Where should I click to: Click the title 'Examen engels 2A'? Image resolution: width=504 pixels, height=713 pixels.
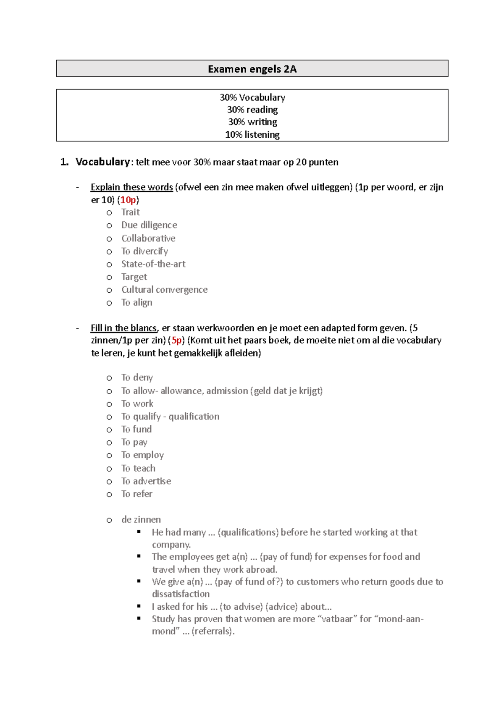[x=252, y=69]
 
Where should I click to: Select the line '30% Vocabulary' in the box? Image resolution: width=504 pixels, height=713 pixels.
[x=252, y=97]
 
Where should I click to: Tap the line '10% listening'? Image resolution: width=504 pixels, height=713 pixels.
[x=252, y=135]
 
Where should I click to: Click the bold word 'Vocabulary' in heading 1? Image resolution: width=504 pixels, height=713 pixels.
[x=102, y=162]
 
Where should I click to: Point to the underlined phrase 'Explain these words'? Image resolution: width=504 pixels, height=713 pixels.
[x=131, y=187]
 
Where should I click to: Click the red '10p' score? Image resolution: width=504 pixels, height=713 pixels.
[x=128, y=200]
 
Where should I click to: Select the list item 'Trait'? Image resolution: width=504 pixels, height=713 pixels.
[x=130, y=212]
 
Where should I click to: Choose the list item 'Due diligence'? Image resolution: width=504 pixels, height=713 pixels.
[x=149, y=225]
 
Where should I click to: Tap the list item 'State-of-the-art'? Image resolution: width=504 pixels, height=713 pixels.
[x=153, y=264]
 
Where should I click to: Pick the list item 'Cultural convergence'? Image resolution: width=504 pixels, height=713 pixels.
[x=164, y=290]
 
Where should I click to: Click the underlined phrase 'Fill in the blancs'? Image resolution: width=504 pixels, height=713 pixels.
[x=123, y=328]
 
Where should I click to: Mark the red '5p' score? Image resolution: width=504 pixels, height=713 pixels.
[x=176, y=341]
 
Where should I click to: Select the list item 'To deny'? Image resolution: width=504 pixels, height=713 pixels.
[x=137, y=377]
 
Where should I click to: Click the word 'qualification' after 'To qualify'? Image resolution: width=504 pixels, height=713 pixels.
[x=194, y=417]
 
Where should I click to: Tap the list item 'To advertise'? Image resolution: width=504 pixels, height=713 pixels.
[x=146, y=481]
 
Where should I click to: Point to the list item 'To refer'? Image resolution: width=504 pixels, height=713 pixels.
[x=136, y=494]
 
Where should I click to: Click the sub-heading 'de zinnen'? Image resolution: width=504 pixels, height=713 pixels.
[x=141, y=520]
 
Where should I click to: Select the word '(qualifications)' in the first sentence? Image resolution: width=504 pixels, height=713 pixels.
[x=248, y=532]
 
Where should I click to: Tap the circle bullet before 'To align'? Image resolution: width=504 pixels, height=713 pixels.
[x=109, y=303]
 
